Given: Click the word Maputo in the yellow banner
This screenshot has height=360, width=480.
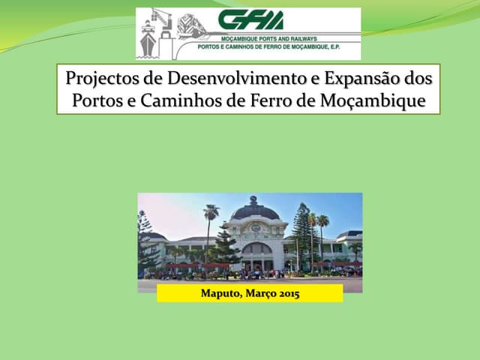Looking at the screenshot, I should pyautogui.click(x=222, y=293).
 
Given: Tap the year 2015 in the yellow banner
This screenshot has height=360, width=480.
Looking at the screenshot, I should pyautogui.click(x=286, y=293).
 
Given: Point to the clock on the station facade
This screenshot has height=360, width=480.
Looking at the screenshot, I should pyautogui.click(x=255, y=228).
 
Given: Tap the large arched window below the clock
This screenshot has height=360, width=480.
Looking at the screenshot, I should pyautogui.click(x=256, y=249).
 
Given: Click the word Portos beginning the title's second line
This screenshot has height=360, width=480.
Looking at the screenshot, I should pyautogui.click(x=94, y=100).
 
